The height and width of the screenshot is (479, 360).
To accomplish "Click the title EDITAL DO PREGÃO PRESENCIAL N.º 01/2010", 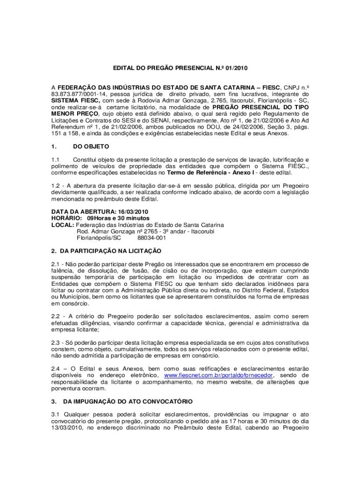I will click(x=180, y=68).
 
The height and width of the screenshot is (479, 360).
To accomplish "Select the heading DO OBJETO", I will click(x=91, y=146).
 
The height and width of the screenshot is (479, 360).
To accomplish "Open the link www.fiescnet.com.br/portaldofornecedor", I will click(x=219, y=375).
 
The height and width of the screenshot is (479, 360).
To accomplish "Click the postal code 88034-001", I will click(x=152, y=238).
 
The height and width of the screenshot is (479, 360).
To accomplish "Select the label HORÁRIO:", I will click(x=65, y=218).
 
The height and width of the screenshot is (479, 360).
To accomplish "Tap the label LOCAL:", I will click(x=62, y=225).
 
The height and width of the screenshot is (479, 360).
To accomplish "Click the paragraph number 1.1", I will click(x=56, y=159).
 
